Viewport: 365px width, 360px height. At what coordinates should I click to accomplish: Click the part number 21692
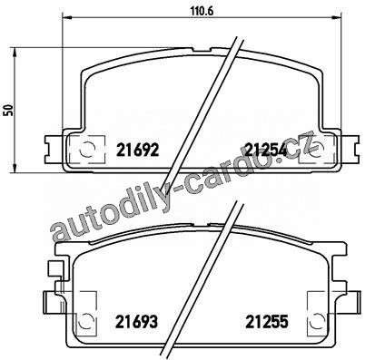tap(138, 150)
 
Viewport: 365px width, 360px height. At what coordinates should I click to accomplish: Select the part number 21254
tap(265, 150)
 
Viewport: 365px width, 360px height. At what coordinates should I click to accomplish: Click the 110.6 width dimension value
tap(202, 11)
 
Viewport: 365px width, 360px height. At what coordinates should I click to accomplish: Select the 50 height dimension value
tap(7, 111)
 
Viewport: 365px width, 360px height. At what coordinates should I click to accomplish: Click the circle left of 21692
tap(86, 149)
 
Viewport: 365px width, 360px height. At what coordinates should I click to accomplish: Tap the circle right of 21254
tap(317, 149)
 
